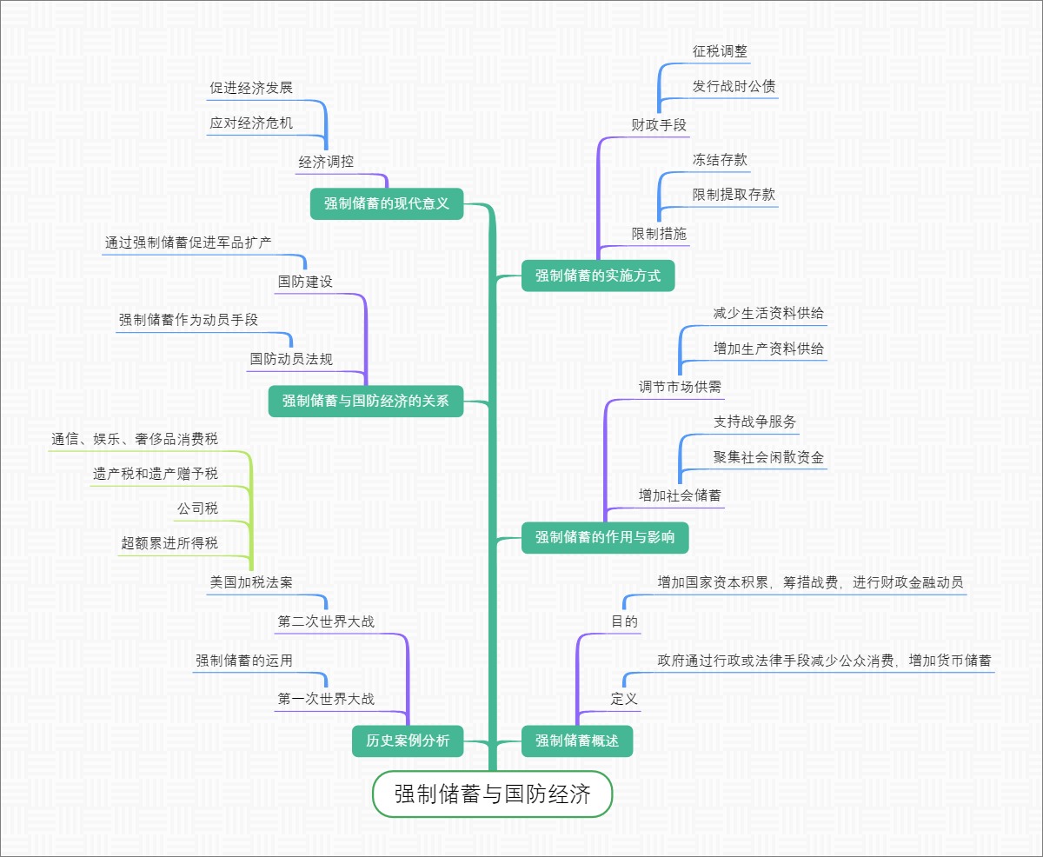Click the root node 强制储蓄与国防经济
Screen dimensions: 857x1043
point(493,794)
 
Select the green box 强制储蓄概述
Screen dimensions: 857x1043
point(577,741)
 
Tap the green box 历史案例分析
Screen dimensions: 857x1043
point(408,741)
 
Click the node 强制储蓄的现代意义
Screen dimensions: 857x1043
point(387,204)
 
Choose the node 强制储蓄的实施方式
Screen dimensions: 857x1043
point(598,276)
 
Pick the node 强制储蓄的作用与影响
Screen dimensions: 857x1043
point(605,537)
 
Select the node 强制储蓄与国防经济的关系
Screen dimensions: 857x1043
point(365,401)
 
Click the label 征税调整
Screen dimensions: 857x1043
point(720,51)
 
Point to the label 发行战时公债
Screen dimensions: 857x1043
point(734,87)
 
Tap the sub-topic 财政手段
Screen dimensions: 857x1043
point(659,125)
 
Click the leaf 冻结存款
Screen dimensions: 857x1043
point(720,160)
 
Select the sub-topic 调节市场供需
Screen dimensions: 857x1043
point(680,387)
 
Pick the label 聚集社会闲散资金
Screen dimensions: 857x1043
point(768,457)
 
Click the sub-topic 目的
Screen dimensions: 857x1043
point(624,621)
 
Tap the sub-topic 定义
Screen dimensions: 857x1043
point(624,699)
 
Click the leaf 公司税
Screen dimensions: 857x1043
point(197,508)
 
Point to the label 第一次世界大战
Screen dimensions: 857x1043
point(326,699)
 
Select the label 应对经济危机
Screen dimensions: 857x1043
point(251,123)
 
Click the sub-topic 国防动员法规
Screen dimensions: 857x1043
point(291,358)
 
